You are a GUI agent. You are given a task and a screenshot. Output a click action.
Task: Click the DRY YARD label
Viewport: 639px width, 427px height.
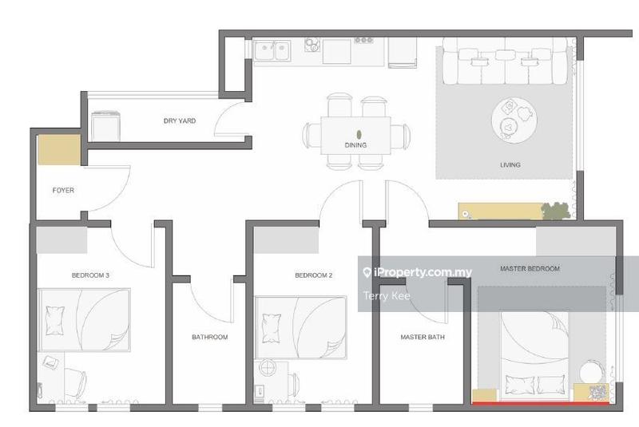point(179,121)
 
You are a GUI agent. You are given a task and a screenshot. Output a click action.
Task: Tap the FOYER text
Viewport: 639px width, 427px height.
point(63,190)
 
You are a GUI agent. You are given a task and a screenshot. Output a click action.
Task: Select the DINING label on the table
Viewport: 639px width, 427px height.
point(355,145)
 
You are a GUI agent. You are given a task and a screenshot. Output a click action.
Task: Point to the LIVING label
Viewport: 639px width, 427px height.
point(510,165)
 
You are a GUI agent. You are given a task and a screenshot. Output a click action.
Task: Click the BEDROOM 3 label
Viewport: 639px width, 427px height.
point(90,275)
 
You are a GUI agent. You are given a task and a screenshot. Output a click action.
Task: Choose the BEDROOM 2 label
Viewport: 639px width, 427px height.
point(314,275)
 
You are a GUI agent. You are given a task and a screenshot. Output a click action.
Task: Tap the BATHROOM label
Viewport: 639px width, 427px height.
point(210,337)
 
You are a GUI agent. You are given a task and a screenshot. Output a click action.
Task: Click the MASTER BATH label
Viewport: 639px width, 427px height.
point(423,337)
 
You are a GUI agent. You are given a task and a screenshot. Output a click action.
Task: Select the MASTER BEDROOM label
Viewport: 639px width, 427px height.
point(530,269)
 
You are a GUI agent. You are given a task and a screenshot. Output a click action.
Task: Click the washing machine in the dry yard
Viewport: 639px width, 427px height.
point(106,126)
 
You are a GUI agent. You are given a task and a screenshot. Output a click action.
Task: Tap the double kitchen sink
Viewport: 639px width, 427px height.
point(272,51)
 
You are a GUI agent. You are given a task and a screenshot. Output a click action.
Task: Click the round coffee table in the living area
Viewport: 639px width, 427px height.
point(514,120)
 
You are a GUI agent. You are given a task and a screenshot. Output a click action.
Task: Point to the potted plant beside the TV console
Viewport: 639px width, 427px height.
point(555,211)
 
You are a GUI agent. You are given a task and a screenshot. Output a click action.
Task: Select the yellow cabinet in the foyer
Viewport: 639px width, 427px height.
point(59,150)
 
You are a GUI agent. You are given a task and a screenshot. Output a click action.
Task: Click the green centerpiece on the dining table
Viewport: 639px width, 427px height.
point(359,134)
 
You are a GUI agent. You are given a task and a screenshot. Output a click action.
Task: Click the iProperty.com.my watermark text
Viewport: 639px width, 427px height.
point(418,272)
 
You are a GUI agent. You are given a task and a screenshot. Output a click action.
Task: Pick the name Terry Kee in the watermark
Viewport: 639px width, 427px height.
point(387,296)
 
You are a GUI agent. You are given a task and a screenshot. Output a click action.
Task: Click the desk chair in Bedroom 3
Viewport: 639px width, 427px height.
point(75,382)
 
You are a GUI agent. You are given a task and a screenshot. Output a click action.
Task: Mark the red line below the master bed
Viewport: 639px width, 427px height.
point(541,404)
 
